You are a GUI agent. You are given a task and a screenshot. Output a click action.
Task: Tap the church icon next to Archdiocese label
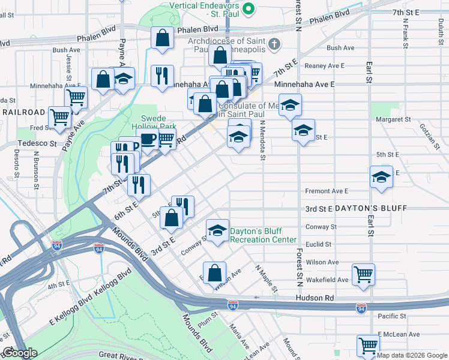coord(274,44)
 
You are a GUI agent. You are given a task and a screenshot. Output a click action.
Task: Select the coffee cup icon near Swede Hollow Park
coord(148,140)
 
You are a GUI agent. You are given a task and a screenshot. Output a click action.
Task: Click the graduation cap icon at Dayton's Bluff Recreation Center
coord(217,229)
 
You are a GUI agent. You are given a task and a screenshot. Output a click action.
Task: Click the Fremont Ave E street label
coord(327,191)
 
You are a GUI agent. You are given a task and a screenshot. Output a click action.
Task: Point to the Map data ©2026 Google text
coord(412,355)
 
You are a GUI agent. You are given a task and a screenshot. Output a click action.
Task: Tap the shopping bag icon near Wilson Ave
coord(214,272)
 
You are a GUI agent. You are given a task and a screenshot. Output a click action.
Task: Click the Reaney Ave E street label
coord(325,65)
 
